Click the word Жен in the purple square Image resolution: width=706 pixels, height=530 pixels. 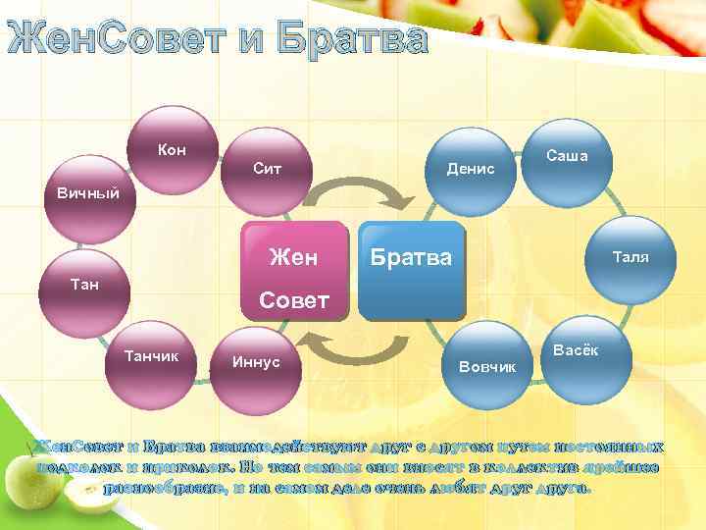(x=293, y=257)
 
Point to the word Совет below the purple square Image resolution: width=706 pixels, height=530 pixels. (x=293, y=300)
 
